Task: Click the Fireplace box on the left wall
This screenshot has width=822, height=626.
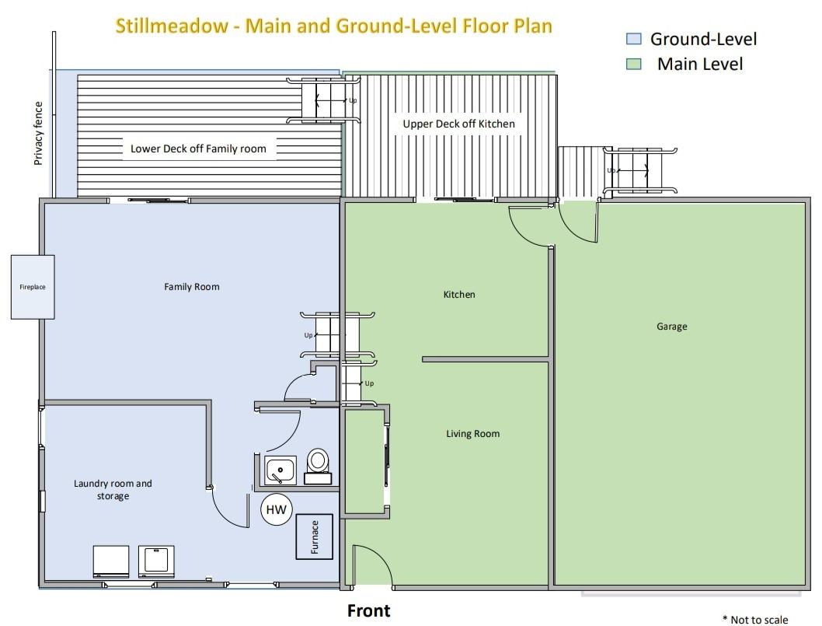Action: click(x=33, y=287)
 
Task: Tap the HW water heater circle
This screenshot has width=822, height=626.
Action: click(x=277, y=509)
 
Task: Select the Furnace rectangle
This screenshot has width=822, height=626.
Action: click(x=315, y=537)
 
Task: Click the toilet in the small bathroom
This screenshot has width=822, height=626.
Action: click(x=318, y=466)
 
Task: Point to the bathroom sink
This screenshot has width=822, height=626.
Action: click(x=280, y=470)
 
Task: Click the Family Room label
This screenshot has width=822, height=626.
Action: click(x=192, y=286)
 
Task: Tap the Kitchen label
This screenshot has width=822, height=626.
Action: click(x=459, y=295)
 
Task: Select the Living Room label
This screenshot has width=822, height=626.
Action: click(x=473, y=433)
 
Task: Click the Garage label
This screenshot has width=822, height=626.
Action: click(x=671, y=327)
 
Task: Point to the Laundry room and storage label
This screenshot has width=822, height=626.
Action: click(x=113, y=490)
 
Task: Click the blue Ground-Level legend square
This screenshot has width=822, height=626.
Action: click(x=634, y=38)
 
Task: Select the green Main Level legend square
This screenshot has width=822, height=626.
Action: click(x=634, y=64)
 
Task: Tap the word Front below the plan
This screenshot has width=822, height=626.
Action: click(x=369, y=610)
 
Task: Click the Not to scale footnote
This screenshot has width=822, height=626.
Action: click(x=755, y=620)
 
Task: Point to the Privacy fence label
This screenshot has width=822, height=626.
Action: click(x=38, y=133)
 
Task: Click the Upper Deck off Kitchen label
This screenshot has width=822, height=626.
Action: click(x=458, y=124)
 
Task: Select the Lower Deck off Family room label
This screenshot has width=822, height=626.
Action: click(x=198, y=149)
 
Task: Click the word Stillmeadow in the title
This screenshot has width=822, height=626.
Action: click(x=172, y=26)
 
